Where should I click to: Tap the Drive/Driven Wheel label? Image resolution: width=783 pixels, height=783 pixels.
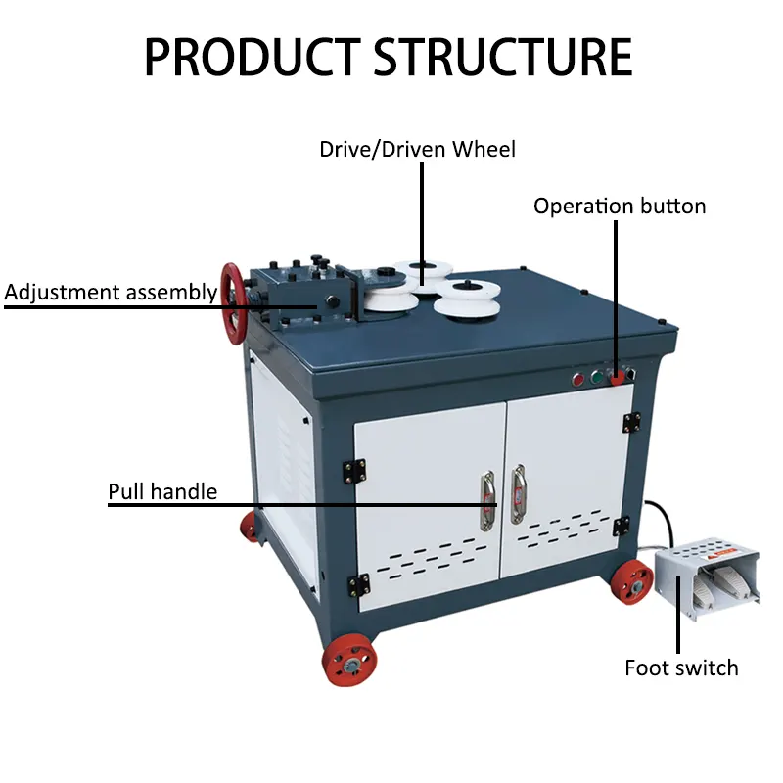tap(417, 150)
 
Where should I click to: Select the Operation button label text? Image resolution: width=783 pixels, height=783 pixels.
tap(619, 207)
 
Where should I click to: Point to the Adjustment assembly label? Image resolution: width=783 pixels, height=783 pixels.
tap(111, 292)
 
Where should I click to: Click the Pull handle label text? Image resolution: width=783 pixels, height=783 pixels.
tap(162, 491)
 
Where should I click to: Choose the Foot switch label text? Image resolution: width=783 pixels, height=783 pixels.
tap(681, 668)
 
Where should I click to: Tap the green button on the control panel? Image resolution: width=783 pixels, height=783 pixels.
tap(595, 375)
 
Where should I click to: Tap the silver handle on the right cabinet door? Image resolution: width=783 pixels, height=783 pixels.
tap(518, 493)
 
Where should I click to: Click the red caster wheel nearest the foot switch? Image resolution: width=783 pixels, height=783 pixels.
tap(631, 583)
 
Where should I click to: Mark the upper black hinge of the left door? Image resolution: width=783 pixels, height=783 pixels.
tap(355, 471)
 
